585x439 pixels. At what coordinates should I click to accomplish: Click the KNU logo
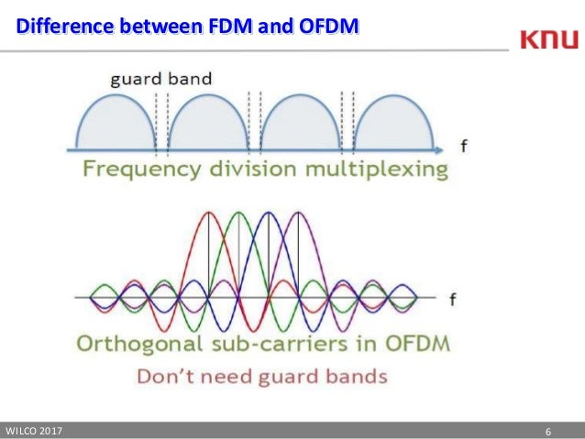pos(548,40)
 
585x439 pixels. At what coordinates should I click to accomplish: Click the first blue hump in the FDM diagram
pos(113,124)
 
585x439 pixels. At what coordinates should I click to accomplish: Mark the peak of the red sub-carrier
pos(210,214)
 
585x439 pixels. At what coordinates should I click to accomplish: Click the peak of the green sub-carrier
pos(239,214)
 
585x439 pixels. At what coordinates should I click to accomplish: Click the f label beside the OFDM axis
pos(453,299)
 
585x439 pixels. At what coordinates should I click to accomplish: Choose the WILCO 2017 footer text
pos(36,431)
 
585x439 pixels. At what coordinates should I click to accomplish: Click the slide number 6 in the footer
pos(547,431)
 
